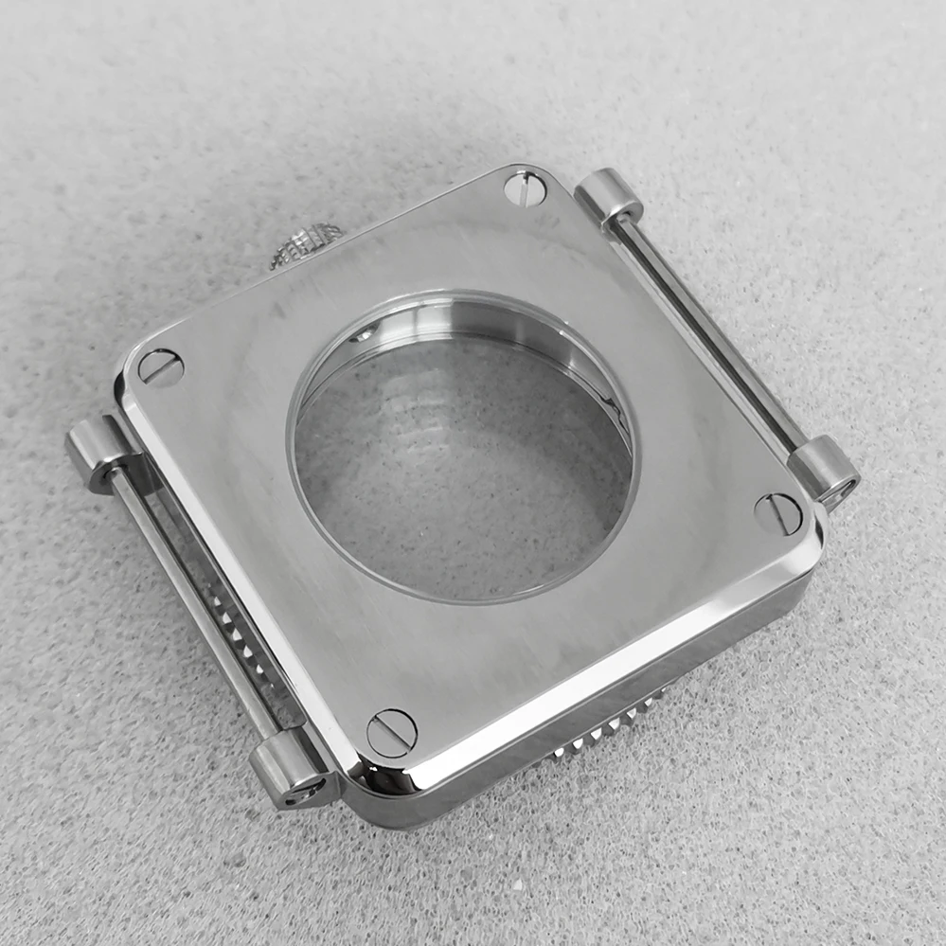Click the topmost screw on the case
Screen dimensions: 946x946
click(525, 188)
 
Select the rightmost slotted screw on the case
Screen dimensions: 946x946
click(778, 513)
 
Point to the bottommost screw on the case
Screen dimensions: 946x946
click(391, 732)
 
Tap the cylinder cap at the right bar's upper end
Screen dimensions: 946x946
click(608, 196)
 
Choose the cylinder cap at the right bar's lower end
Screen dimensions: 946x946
click(824, 470)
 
